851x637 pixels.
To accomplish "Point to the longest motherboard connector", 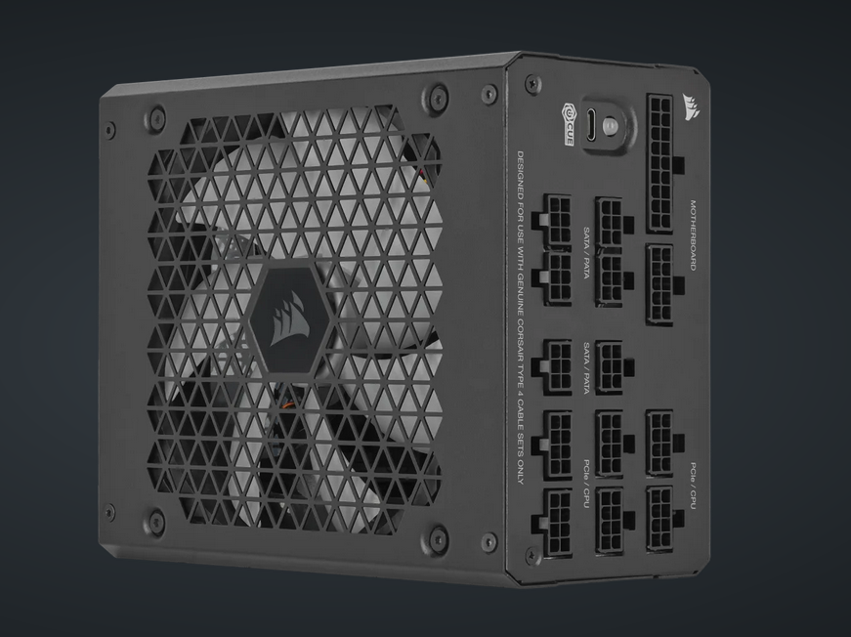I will (660, 162).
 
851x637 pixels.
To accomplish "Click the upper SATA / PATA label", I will (586, 250).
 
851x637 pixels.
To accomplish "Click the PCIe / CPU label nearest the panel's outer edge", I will (692, 485).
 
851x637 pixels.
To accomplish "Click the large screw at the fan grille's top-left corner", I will (153, 119).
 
